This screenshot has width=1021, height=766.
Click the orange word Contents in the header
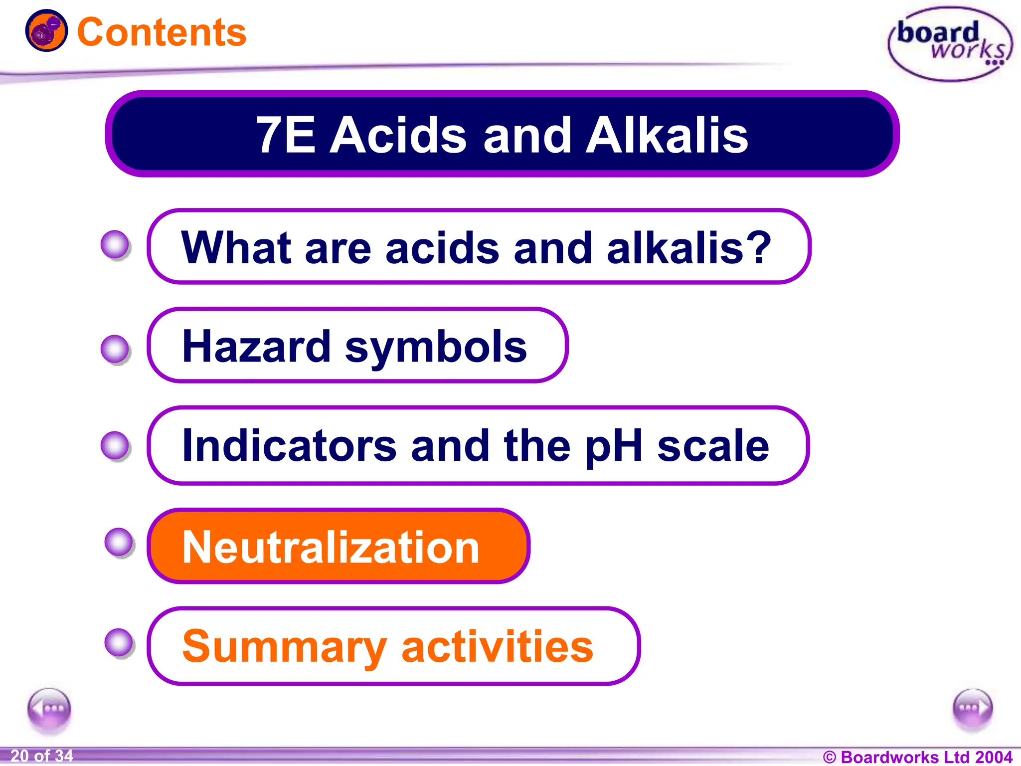tap(162, 32)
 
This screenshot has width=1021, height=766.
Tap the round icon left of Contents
tap(46, 31)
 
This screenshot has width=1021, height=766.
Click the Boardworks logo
tap(950, 44)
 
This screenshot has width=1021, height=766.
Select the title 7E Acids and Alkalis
tap(502, 135)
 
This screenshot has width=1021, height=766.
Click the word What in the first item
tap(236, 248)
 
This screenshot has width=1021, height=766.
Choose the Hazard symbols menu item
tap(355, 346)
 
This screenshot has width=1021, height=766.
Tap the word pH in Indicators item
tap(613, 445)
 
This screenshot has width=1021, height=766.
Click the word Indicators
tap(290, 445)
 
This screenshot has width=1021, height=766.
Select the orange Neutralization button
tap(338, 547)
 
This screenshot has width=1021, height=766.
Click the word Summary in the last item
tap(284, 647)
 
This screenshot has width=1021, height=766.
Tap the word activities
tap(497, 647)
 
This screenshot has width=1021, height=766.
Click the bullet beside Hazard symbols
tap(116, 349)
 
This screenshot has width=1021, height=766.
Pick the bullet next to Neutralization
tap(119, 543)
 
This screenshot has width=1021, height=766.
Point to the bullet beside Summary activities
tap(119, 643)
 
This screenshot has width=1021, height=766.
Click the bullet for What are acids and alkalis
tap(116, 245)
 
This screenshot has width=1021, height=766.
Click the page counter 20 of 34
tap(41, 756)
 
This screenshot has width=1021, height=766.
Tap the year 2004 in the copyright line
tap(994, 757)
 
